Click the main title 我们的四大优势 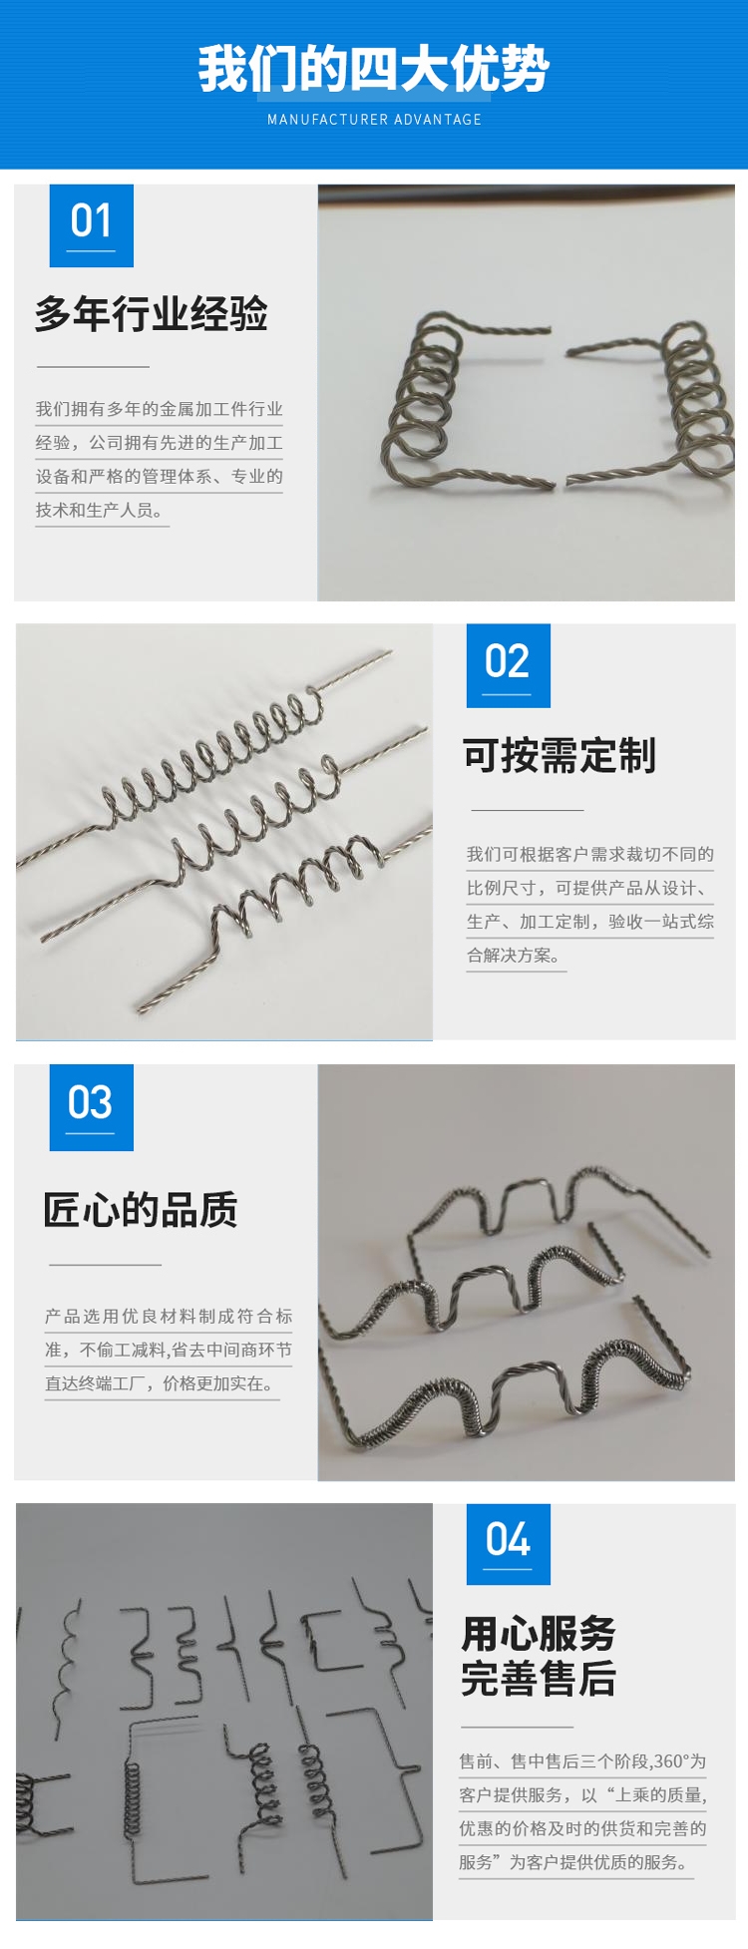point(374,69)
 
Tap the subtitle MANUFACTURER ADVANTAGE point(374,120)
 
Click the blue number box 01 point(92,225)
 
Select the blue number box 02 point(509,665)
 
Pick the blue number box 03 point(92,1107)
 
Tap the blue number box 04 point(509,1544)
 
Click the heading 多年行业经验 point(152,314)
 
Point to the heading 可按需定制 point(560,756)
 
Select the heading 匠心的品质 point(141,1210)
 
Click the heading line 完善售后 point(539,1679)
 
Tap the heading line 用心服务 point(539,1634)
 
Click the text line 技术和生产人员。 point(101,510)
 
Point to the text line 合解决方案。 point(516,955)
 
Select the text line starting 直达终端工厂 point(161,1383)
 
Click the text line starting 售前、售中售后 point(582,1761)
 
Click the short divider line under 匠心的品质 point(105,1265)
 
